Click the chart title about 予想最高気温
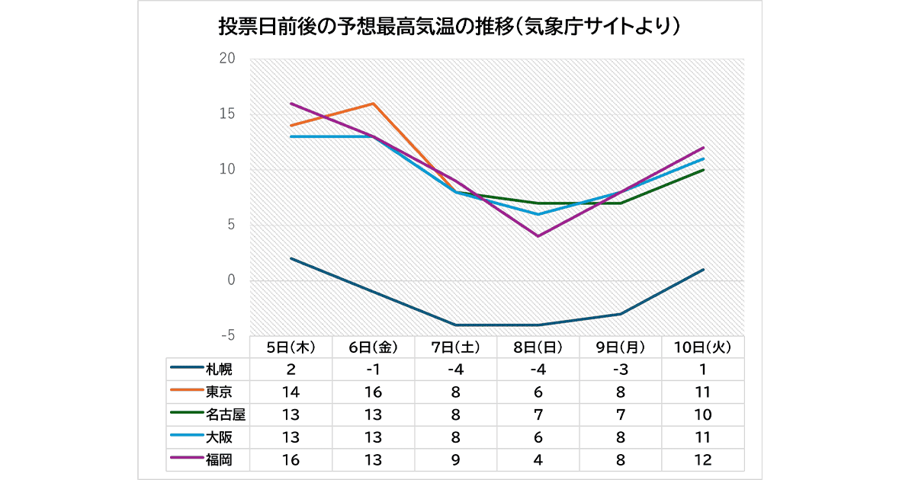point(449,27)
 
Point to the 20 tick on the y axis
point(226,59)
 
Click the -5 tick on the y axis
point(226,336)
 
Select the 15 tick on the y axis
point(226,114)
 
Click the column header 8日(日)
point(538,347)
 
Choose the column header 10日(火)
point(702,347)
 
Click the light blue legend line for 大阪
point(186,437)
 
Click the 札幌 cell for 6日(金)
point(373,370)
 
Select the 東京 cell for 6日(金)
point(373,392)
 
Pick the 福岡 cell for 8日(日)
point(538,460)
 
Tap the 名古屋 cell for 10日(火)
point(702,415)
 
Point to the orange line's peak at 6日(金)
point(373,104)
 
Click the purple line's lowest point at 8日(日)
point(538,236)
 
